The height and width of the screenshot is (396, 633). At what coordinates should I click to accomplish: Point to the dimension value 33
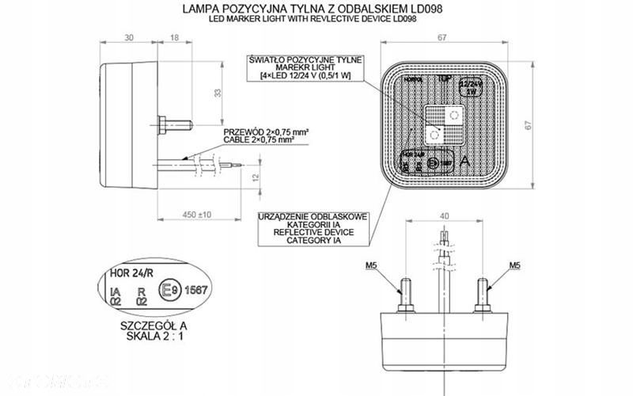coord(218,93)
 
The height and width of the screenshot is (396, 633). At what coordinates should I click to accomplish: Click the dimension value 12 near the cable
coord(254,177)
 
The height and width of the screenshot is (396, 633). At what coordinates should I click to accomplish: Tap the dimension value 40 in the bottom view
coord(444,215)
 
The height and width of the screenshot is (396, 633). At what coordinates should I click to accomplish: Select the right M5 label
coord(515,265)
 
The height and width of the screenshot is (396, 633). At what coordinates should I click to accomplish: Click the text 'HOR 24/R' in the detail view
coord(127,276)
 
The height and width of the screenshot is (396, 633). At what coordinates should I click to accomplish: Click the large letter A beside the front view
coord(472,159)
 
